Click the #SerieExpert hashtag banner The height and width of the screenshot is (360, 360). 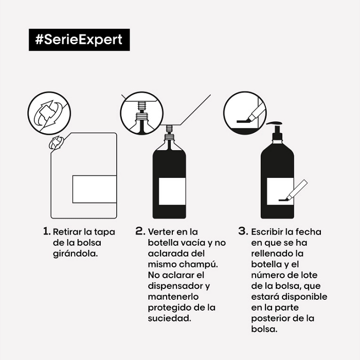pos(79,40)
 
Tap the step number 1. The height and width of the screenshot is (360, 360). pos(46,231)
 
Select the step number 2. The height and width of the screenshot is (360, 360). pos(140,231)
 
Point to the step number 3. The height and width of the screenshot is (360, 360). pos(243,231)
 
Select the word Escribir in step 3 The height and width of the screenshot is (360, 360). pos(269,231)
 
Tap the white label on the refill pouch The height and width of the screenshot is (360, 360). pos(95,189)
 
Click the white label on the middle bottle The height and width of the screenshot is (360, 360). pos(171,191)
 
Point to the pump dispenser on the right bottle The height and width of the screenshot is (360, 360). pos(277,129)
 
